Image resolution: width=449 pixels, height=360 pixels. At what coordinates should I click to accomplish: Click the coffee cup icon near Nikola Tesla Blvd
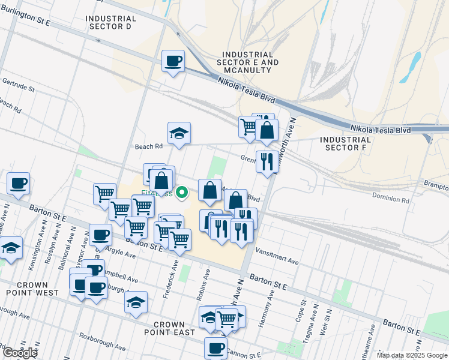coord(173,61)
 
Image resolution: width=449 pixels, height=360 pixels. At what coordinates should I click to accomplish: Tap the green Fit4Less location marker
coord(184,193)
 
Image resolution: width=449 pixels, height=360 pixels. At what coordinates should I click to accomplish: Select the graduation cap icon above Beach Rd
coord(179,133)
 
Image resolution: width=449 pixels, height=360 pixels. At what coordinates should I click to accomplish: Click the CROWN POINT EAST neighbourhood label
coord(169,328)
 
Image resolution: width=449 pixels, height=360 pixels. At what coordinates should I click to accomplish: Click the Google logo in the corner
coord(19,353)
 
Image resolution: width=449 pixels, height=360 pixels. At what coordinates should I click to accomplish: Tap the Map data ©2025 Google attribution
coord(412,355)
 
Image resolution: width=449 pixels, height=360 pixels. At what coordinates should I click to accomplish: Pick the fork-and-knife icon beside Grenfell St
coord(267,161)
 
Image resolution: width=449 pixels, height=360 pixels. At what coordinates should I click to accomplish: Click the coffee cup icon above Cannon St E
coord(215,347)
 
